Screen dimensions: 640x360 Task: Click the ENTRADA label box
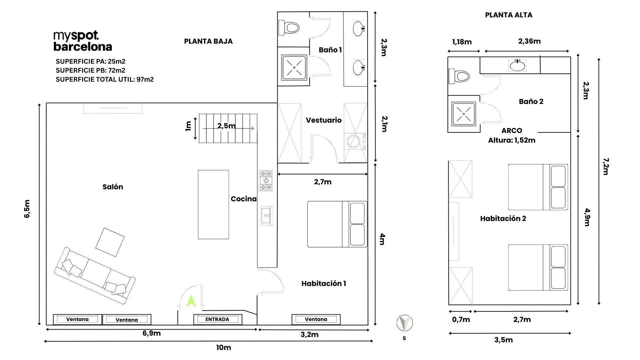(218, 319)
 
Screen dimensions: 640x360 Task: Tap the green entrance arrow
(191, 302)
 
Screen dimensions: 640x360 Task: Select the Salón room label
(113, 187)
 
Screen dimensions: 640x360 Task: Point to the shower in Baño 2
(463, 114)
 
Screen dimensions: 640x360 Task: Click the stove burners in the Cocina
(266, 181)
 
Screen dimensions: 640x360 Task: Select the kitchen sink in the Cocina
(266, 216)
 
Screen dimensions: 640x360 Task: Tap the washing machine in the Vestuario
(355, 142)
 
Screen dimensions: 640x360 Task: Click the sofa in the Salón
(95, 275)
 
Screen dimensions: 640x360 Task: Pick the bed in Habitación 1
(337, 224)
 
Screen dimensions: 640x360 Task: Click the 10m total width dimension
(223, 348)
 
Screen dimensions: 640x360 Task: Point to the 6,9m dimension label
(152, 333)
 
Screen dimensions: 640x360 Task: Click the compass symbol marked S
(405, 324)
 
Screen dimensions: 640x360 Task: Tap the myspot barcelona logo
(83, 41)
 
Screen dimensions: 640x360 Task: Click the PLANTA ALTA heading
(509, 15)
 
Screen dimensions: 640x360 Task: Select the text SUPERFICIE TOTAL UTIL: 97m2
(105, 79)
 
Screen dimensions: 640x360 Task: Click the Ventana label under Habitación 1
(316, 319)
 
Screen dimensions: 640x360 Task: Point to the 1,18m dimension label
(462, 42)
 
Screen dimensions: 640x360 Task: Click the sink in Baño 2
(517, 65)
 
